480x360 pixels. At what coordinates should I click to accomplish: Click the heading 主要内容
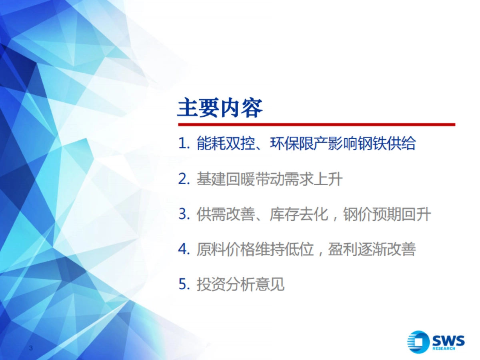(220, 108)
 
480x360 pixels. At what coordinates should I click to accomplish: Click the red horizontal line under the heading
(316, 124)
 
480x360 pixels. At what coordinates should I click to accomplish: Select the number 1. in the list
(184, 144)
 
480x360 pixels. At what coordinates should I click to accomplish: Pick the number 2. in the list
(184, 179)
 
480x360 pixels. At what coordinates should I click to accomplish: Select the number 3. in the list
(184, 214)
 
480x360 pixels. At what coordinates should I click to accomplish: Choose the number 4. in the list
(184, 250)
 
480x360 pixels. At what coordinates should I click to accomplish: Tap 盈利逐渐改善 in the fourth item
(372, 250)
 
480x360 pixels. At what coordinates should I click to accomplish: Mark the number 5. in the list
(184, 285)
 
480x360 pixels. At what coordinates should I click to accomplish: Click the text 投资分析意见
(240, 285)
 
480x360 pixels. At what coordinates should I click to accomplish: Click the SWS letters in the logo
(448, 340)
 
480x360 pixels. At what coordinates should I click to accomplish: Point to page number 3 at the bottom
(30, 348)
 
